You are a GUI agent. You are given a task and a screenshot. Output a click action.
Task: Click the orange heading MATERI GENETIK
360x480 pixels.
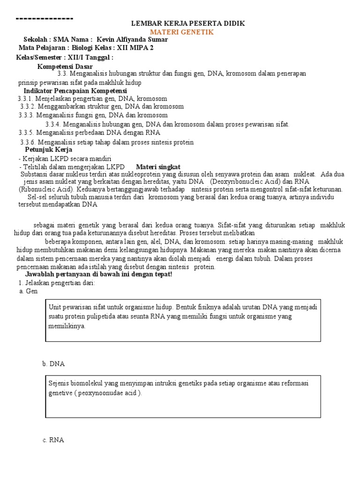181,32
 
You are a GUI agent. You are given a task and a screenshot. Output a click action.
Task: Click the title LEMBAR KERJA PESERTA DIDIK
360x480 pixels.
187,23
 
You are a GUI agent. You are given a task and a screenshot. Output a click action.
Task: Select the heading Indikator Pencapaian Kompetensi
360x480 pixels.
75,90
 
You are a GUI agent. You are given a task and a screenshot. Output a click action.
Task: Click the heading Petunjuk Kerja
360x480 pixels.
48,150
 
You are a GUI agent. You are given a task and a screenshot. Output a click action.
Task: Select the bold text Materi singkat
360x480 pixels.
158,167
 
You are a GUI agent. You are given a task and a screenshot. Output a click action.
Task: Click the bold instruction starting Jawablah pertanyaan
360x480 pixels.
98,274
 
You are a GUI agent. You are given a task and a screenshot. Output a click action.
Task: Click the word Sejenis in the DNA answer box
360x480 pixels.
59,383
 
